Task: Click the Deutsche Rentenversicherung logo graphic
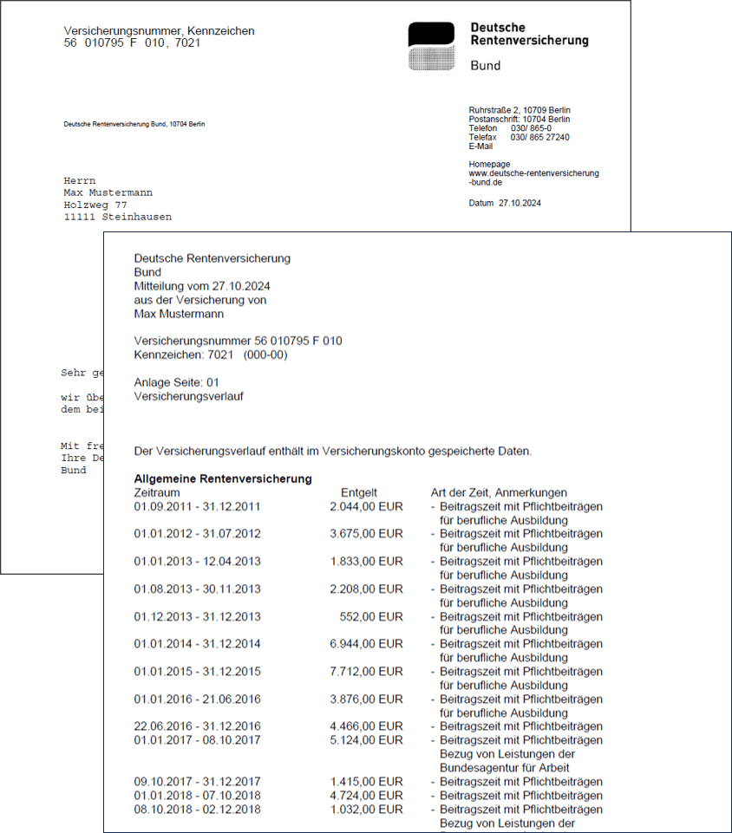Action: pyautogui.click(x=431, y=46)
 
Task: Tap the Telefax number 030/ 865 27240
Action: pyautogui.click(x=539, y=137)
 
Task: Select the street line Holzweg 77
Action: pyautogui.click(x=95, y=205)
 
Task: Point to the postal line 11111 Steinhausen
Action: pyautogui.click(x=117, y=217)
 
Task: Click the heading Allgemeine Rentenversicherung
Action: pyautogui.click(x=223, y=478)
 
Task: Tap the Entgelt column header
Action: pyautogui.click(x=359, y=492)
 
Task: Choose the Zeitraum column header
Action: pyautogui.click(x=157, y=492)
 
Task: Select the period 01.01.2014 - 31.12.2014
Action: pyautogui.click(x=197, y=644)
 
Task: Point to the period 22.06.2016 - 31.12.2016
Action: pyautogui.click(x=197, y=726)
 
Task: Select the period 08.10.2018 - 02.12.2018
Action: pyautogui.click(x=197, y=810)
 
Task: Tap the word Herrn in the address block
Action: pyautogui.click(x=80, y=180)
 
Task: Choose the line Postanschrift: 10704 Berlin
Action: pyautogui.click(x=520, y=120)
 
